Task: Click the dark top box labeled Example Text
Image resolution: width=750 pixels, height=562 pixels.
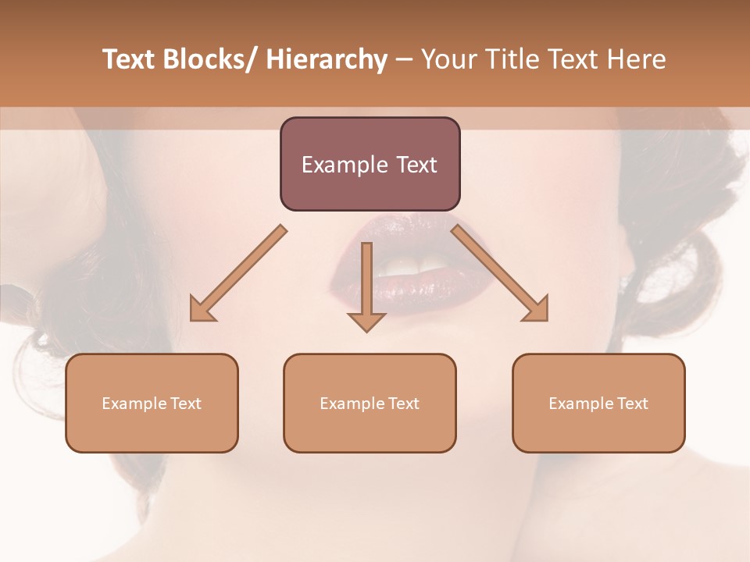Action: (370, 164)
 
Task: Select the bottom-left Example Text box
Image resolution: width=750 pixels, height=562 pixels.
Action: (152, 403)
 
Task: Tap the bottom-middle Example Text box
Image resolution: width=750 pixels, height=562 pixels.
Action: (370, 403)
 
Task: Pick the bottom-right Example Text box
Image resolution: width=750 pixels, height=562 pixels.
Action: (598, 403)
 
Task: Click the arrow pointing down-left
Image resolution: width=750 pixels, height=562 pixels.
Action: (238, 273)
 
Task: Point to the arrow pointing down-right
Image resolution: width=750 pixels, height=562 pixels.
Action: (500, 273)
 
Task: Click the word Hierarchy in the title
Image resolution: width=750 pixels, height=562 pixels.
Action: (327, 59)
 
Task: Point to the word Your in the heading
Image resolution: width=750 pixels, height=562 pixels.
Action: (447, 59)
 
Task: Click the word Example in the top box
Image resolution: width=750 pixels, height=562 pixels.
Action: (341, 165)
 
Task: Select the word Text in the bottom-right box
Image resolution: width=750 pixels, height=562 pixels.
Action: (632, 403)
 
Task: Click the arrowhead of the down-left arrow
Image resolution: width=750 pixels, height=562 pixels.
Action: (202, 310)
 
